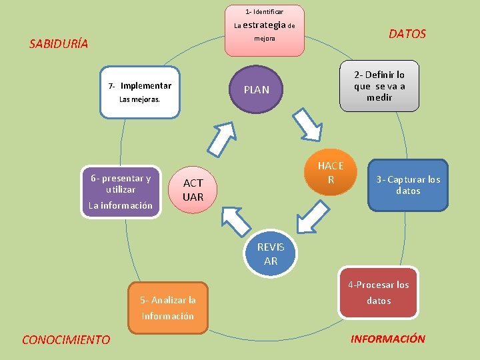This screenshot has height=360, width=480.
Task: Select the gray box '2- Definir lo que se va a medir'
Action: pos(379,86)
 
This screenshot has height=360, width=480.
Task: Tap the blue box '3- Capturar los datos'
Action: pos(408,185)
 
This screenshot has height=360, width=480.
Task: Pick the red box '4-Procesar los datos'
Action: pos(378,293)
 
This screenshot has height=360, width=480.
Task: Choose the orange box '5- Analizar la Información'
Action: pos(168,308)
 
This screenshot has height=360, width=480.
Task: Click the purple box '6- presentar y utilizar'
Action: pos(121,191)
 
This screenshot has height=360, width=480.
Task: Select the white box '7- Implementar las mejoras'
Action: pos(140,93)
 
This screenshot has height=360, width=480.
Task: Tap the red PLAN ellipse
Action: pos(257,89)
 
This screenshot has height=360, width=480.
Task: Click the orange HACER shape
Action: pos(330,172)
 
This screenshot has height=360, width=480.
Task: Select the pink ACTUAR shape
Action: pos(193,189)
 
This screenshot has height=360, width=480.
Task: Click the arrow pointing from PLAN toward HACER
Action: pos(308,125)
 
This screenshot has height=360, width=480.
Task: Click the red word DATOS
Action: pos(407,34)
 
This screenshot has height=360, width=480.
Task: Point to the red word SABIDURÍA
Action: pos(59,44)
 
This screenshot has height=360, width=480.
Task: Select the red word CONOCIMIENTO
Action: pos(66,340)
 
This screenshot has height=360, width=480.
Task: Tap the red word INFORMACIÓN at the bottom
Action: pos(388,339)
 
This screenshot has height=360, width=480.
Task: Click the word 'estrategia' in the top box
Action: pos(264,25)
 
